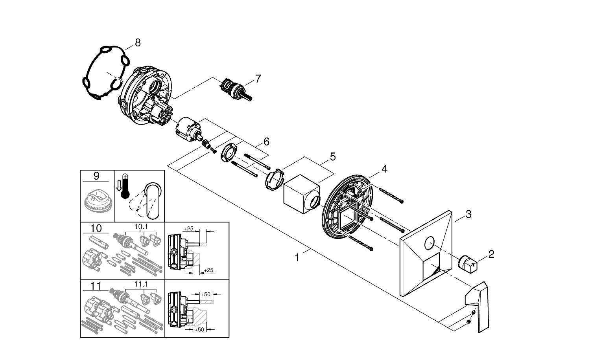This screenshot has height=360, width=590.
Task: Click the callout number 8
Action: pos(137,42)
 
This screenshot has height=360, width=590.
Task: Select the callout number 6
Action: pos(266,141)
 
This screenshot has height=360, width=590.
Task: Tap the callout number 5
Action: pos(332,157)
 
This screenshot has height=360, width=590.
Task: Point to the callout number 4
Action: pos(384,169)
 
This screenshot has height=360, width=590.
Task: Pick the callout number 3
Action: pos(468,214)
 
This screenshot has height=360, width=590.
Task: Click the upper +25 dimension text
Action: pos(189,228)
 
